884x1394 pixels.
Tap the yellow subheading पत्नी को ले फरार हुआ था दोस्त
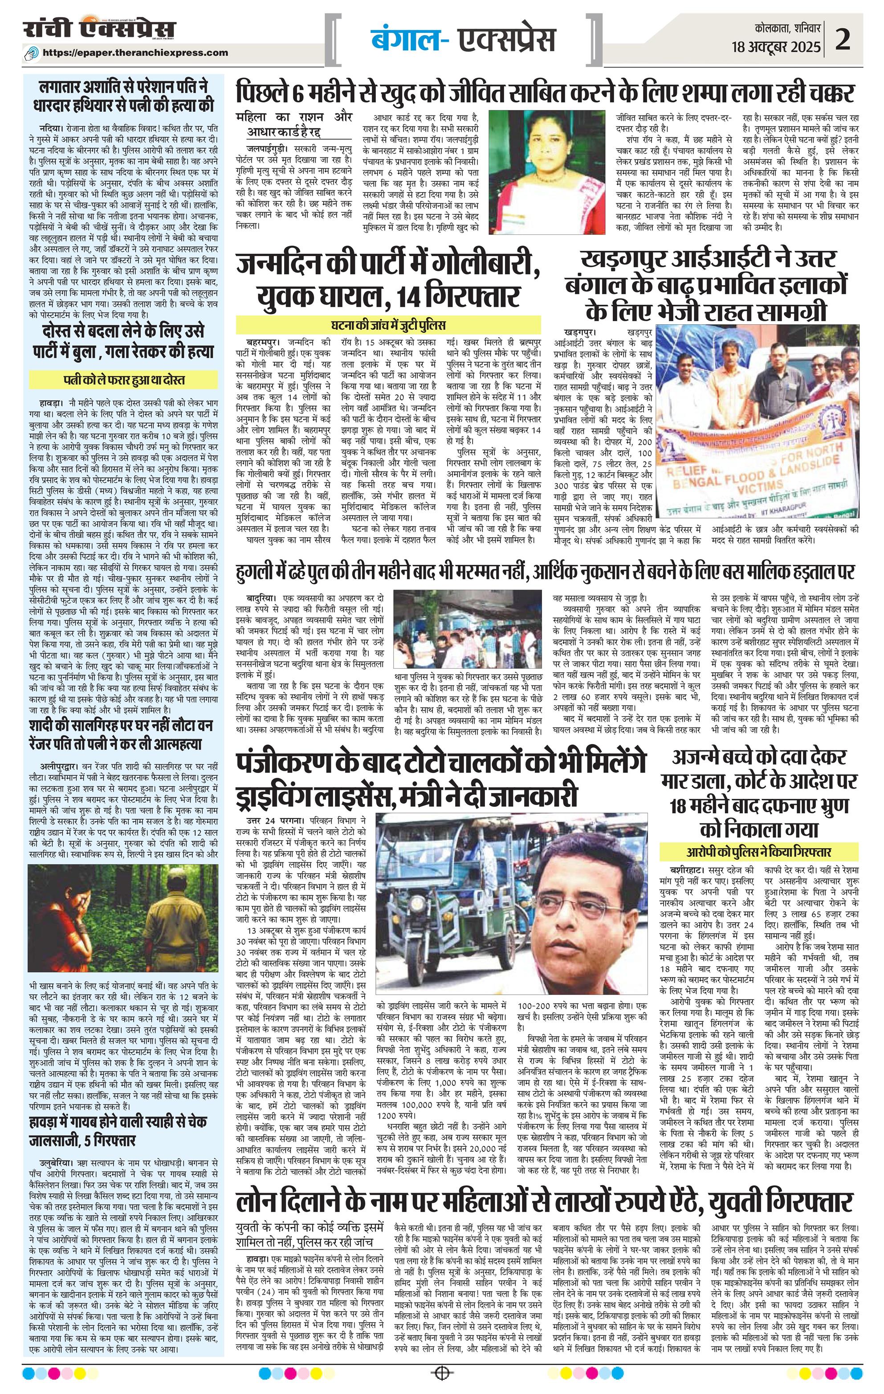point(124,380)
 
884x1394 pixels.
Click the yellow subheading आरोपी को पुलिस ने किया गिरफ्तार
point(760,852)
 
